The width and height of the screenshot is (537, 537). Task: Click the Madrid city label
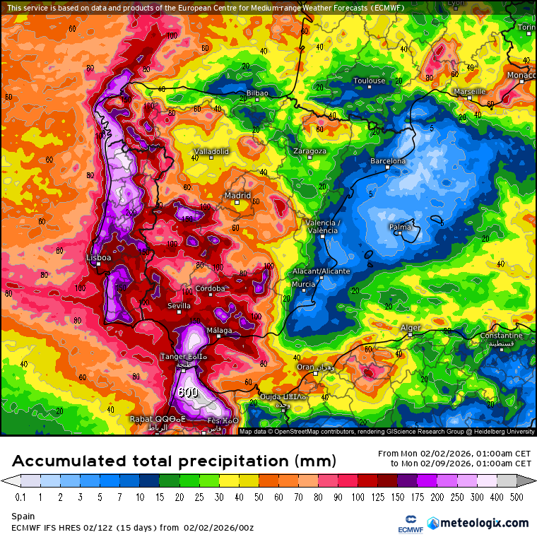tap(237, 195)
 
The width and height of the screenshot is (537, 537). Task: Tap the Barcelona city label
tap(388, 161)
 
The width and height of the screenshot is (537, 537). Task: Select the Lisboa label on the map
tap(98, 258)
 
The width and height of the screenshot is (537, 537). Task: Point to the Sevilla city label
tap(179, 306)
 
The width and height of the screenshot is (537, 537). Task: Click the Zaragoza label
tap(310, 151)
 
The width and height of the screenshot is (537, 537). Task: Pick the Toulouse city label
tap(370, 81)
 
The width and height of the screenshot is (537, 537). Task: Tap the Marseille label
tap(469, 91)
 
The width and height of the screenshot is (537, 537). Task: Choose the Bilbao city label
tap(257, 93)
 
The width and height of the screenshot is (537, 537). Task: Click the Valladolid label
tap(211, 151)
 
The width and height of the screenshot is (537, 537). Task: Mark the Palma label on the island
tap(400, 227)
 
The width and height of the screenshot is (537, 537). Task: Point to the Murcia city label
tap(303, 284)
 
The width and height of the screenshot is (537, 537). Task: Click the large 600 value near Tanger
tap(188, 392)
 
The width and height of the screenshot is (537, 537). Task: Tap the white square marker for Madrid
tap(237, 203)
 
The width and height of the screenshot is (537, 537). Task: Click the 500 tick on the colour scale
tap(517, 497)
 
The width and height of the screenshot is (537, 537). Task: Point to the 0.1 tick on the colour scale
tap(20, 497)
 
